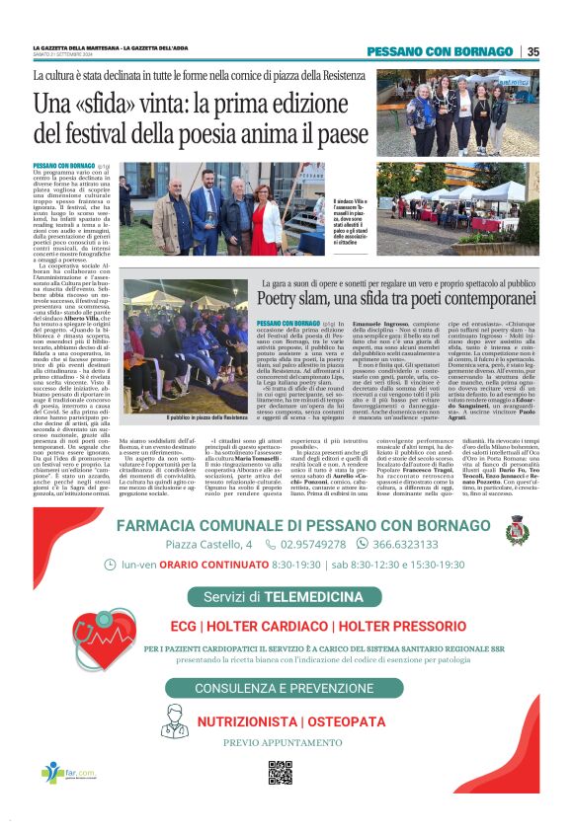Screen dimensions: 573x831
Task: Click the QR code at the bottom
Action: [x=281, y=773]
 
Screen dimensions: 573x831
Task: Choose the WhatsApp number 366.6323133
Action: [x=404, y=544]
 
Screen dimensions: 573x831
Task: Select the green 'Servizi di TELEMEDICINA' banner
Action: [x=284, y=597]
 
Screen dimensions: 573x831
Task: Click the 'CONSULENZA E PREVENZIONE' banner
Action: [x=283, y=688]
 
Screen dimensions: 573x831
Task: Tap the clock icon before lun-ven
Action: [x=109, y=566]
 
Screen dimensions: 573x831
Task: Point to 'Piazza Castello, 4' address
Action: [x=209, y=544]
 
